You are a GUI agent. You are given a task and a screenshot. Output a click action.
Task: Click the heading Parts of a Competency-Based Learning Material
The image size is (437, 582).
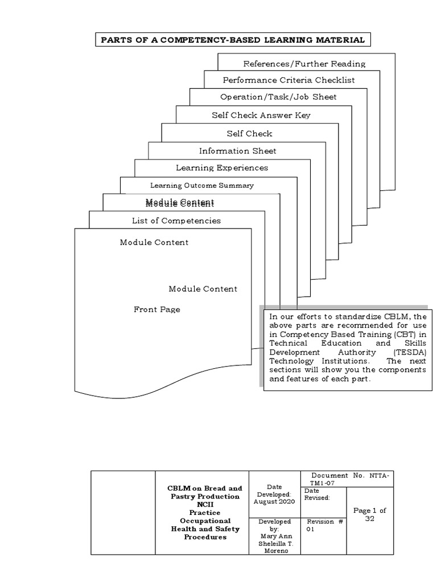(x=232, y=40)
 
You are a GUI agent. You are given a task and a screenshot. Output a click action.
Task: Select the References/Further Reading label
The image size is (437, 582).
(x=304, y=64)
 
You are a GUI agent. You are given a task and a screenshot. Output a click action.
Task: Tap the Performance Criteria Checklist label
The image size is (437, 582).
(x=288, y=80)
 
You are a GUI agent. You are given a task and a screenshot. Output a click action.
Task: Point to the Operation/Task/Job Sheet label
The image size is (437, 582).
(x=278, y=97)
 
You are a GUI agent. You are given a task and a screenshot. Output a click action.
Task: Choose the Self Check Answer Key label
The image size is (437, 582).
(x=261, y=115)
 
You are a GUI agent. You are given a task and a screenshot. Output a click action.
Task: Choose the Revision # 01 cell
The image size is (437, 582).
(x=323, y=525)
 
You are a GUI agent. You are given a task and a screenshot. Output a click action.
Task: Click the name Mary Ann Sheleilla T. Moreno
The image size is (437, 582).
(x=274, y=540)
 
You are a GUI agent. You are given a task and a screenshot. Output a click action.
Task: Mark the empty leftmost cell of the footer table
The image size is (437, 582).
(x=123, y=512)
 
